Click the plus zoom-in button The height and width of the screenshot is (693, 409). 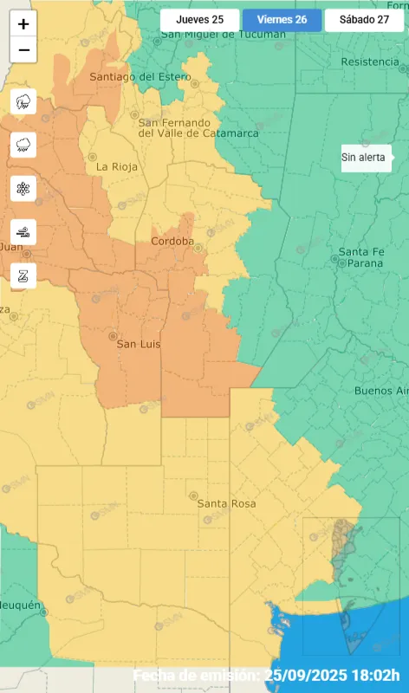coord(23,24)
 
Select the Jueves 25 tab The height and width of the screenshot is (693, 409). coord(199,20)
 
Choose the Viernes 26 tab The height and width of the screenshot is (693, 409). coord(282,20)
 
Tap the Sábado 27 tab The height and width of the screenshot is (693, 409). coord(364,20)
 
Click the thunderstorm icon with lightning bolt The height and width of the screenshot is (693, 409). coord(23,102)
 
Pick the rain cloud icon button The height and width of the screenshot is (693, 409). coord(23,146)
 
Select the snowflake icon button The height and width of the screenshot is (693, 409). coord(23,188)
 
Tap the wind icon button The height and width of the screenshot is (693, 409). coord(23,231)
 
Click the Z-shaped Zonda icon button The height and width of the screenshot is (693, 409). coord(23,275)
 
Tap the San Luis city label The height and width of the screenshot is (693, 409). coord(139,344)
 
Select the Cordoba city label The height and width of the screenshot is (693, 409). coord(172,241)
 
